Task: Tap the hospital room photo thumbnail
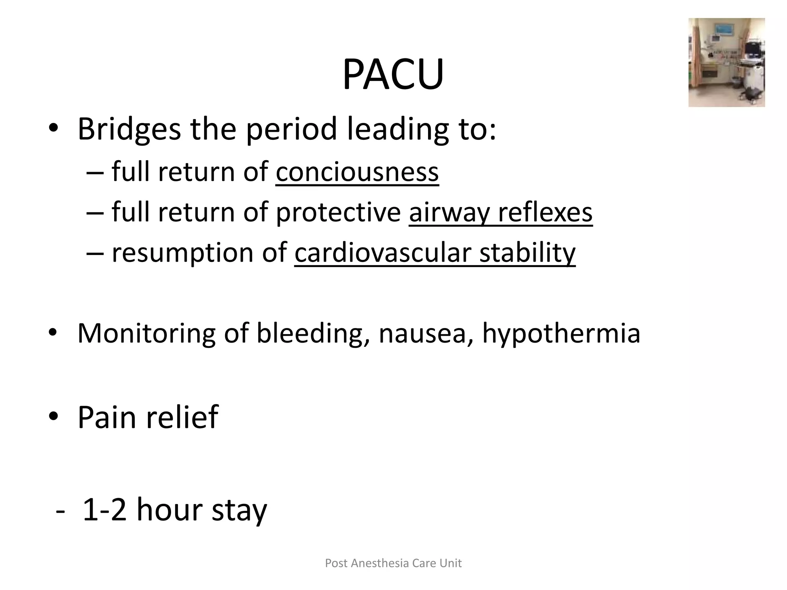point(726,63)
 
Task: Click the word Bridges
point(129,130)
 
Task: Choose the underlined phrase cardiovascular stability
point(435,253)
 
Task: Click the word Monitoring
point(146,333)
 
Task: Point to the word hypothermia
point(561,333)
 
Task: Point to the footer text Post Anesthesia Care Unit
point(393,563)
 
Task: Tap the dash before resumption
point(95,254)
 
